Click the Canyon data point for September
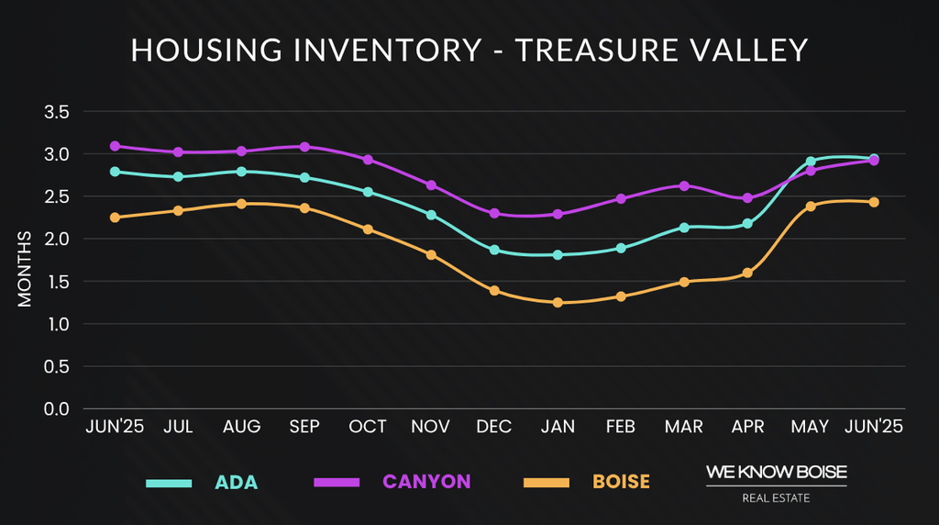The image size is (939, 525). click(304, 147)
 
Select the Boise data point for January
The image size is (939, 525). click(558, 302)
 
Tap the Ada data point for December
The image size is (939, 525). click(494, 250)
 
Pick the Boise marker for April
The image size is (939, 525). click(747, 273)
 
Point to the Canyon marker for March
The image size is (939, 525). click(684, 185)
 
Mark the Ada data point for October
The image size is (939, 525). click(368, 192)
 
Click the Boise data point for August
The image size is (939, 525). click(241, 204)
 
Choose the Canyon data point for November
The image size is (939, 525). click(431, 185)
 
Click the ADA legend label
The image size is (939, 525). click(237, 482)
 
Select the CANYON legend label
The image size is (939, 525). click(426, 482)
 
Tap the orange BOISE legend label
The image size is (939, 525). click(621, 482)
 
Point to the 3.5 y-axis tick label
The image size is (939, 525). click(57, 112)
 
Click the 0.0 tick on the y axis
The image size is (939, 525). click(57, 408)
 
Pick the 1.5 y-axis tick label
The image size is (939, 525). click(57, 282)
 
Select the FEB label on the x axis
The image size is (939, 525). click(621, 427)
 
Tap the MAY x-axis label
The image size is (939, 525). click(811, 427)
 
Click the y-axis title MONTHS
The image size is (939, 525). click(25, 270)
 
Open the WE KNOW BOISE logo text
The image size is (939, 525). click(776, 473)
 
